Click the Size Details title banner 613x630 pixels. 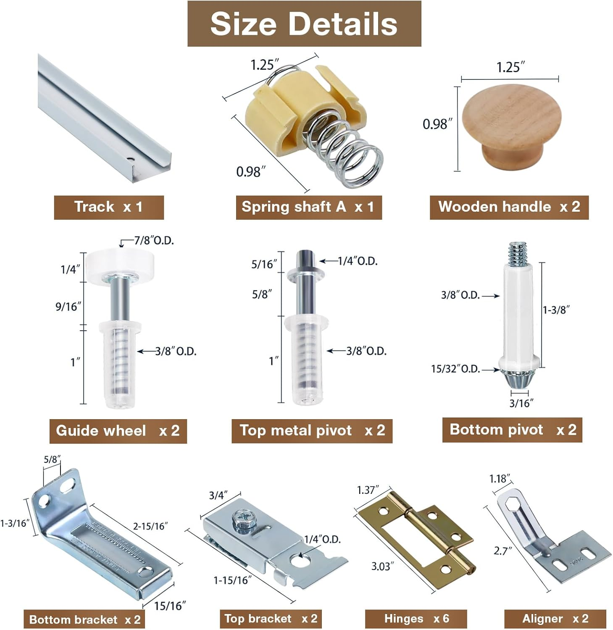304,24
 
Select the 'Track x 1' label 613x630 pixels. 108,207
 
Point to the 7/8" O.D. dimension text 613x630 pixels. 154,241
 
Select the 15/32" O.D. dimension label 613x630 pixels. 455,369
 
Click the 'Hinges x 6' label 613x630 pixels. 416,619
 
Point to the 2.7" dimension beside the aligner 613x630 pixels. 503,551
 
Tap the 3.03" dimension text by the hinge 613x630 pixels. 382,567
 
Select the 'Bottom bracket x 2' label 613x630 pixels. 84,619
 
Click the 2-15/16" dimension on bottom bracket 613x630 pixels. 150,526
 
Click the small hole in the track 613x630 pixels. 131,160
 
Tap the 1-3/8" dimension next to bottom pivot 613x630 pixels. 556,310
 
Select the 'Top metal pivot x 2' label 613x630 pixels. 312,430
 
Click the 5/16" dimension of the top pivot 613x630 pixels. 264,264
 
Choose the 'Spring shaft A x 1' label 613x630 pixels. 308,207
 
